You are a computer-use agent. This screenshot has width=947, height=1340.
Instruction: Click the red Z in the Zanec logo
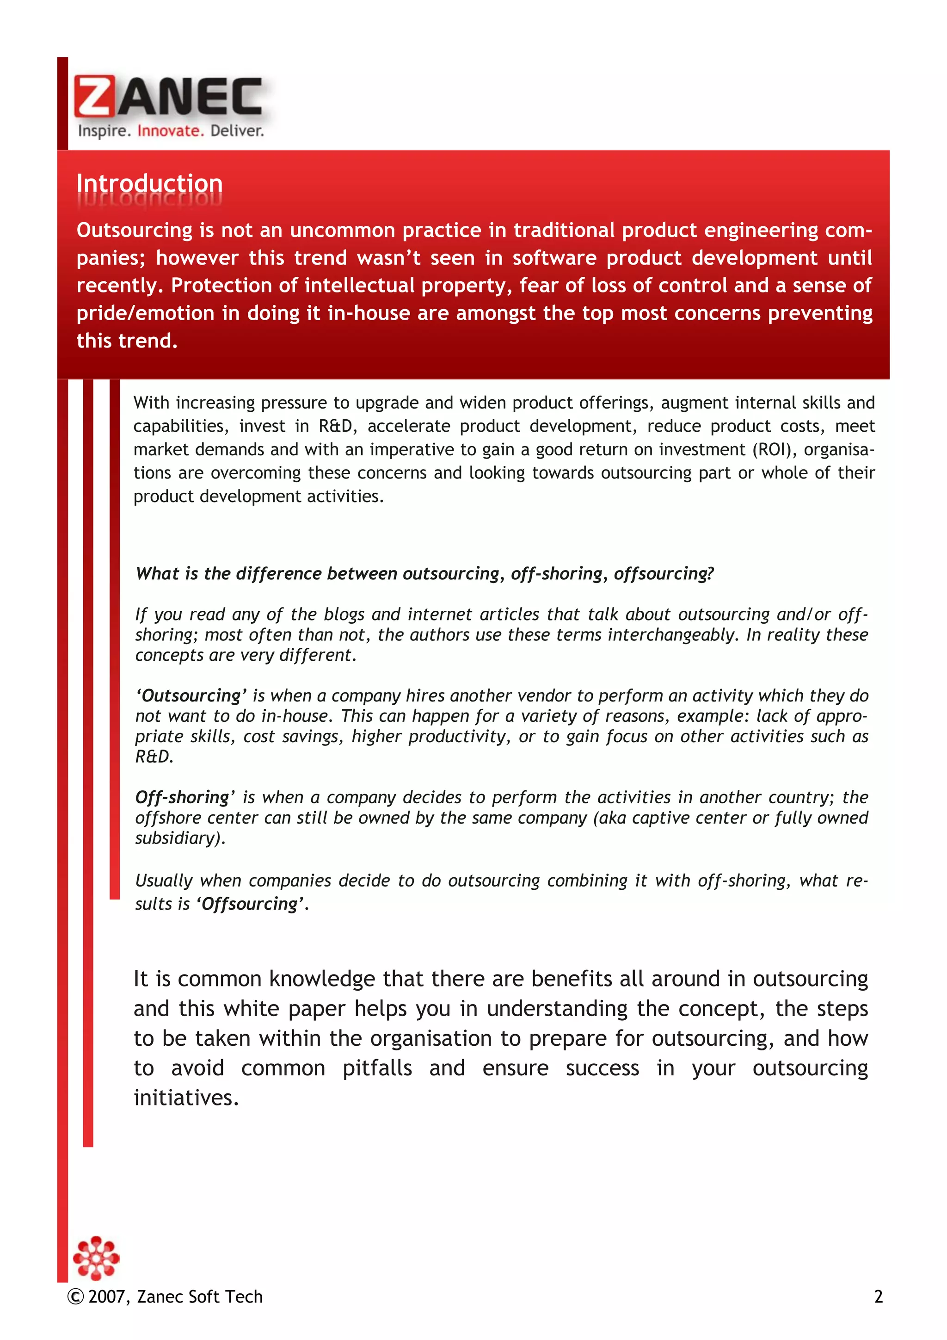94,97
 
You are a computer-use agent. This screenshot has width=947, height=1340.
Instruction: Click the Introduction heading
149,183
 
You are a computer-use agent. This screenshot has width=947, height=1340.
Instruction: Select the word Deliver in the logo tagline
237,131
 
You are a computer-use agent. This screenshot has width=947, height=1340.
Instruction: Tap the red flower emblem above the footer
96,1259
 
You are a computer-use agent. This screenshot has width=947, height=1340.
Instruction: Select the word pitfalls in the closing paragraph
377,1068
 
